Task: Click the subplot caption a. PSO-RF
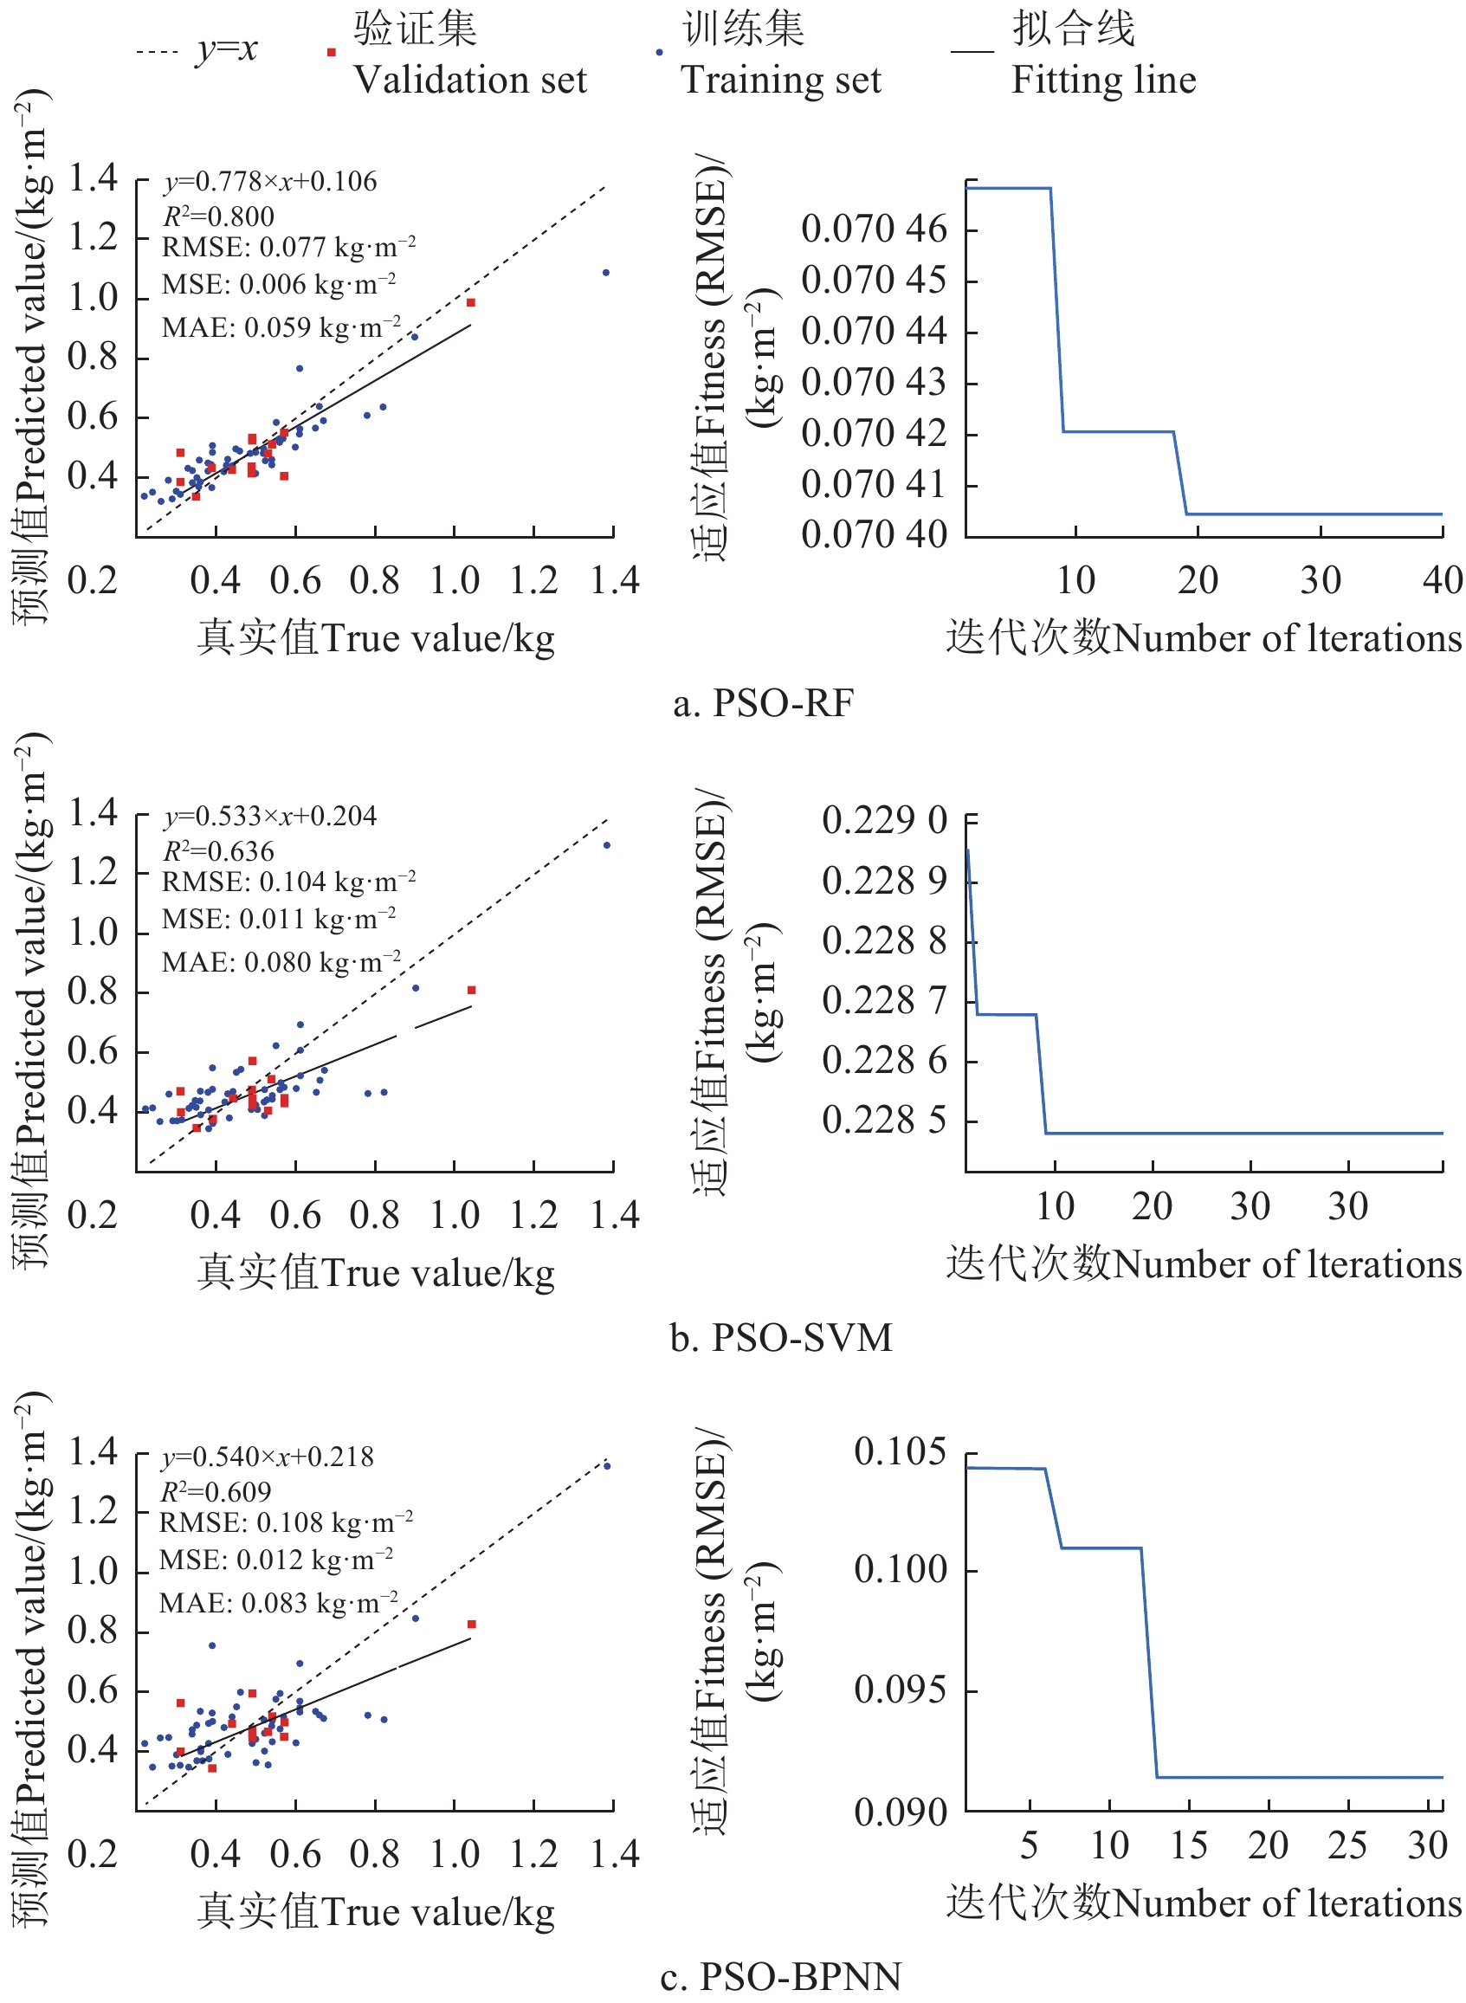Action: (x=763, y=704)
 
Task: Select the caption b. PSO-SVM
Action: (x=781, y=1337)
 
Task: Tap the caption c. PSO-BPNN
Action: (x=781, y=1975)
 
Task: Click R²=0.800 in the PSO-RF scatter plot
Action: (x=218, y=216)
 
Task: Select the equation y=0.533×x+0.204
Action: (x=270, y=816)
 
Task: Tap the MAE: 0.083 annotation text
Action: (x=279, y=1603)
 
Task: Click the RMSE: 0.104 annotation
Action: (x=288, y=882)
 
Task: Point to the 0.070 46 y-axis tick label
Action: (x=873, y=229)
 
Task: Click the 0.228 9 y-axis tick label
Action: (x=884, y=881)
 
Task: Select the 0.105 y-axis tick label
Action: (x=900, y=1452)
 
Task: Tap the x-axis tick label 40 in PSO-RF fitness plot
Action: (x=1442, y=580)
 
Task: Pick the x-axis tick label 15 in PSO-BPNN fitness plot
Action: (x=1188, y=1845)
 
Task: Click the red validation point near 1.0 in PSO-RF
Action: (x=471, y=302)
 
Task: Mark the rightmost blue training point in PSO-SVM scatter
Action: (x=607, y=845)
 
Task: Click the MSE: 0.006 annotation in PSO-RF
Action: (x=279, y=284)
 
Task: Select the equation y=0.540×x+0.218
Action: (x=267, y=1457)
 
